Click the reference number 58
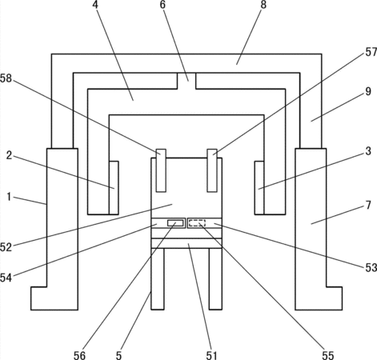click(6, 78)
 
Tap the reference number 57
click(371, 52)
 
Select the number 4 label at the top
click(95, 5)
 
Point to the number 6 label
click(162, 5)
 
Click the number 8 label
click(263, 5)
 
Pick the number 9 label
click(368, 91)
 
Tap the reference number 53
click(371, 267)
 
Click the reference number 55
click(328, 355)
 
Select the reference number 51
click(212, 355)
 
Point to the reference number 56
click(79, 355)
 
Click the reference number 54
click(6, 278)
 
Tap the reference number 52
click(6, 247)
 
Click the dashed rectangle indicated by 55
click(197, 223)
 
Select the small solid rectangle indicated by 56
click(175, 223)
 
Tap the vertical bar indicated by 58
click(161, 170)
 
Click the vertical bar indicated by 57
click(212, 170)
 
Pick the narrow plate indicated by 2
click(114, 187)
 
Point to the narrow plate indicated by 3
click(259, 187)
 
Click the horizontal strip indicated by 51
click(186, 243)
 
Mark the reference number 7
click(368, 206)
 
